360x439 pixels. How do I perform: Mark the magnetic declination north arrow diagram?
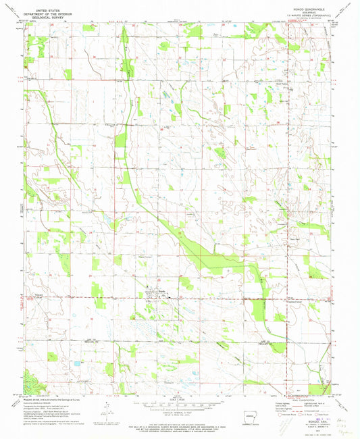(x=111, y=403)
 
